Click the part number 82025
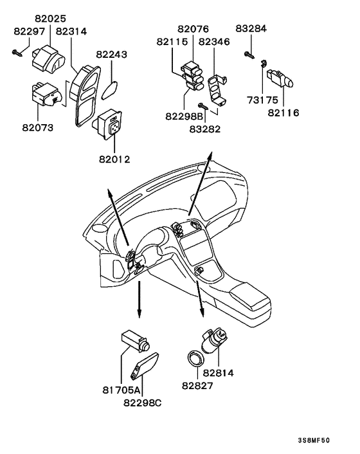pyautogui.click(x=50, y=19)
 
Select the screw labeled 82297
pyautogui.click(x=17, y=53)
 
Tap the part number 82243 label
pyautogui.click(x=111, y=55)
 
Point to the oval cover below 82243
pyautogui.click(x=109, y=90)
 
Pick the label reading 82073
pyautogui.click(x=38, y=127)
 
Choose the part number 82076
pyautogui.click(x=193, y=29)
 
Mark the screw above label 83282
pyautogui.click(x=203, y=105)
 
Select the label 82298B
pyautogui.click(x=184, y=116)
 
